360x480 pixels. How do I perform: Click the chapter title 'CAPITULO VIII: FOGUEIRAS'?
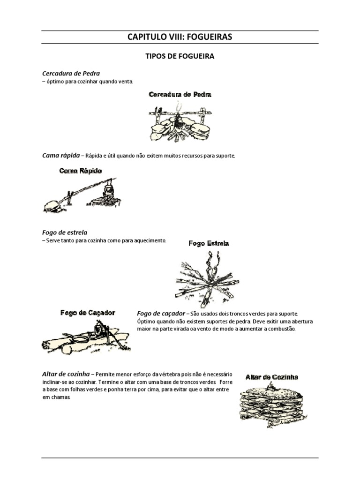180,37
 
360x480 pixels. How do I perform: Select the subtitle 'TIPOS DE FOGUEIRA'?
180,56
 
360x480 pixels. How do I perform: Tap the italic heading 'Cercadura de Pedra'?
71,74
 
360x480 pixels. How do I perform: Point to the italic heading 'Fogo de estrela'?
65,232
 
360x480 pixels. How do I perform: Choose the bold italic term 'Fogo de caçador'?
161,313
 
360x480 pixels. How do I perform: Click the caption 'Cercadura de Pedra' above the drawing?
180,95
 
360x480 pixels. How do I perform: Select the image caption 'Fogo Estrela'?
209,244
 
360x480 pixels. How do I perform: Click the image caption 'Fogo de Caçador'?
88,313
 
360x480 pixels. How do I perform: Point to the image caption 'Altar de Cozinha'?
272,376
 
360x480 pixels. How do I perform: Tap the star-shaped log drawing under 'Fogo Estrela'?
208,277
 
